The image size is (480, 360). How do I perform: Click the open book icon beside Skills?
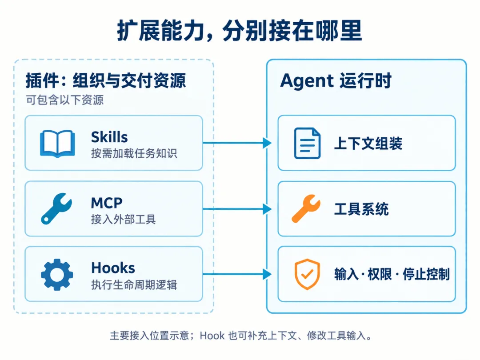(57, 144)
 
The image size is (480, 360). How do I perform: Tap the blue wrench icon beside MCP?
(56, 209)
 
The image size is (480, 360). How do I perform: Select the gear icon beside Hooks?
(57, 275)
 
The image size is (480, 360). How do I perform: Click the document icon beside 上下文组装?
(307, 143)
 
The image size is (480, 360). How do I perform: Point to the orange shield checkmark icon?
(307, 274)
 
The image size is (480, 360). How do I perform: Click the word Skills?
(109, 137)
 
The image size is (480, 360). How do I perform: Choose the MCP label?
(107, 203)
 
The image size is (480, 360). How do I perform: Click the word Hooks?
(113, 268)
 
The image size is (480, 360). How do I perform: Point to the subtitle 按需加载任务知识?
(134, 153)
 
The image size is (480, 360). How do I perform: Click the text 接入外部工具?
(124, 219)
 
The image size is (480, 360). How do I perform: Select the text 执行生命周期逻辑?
(134, 285)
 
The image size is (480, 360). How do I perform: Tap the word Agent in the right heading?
(307, 81)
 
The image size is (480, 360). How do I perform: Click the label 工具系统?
(361, 209)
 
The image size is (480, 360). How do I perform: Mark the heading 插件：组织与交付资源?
(106, 81)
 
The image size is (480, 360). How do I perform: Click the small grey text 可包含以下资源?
(64, 100)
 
